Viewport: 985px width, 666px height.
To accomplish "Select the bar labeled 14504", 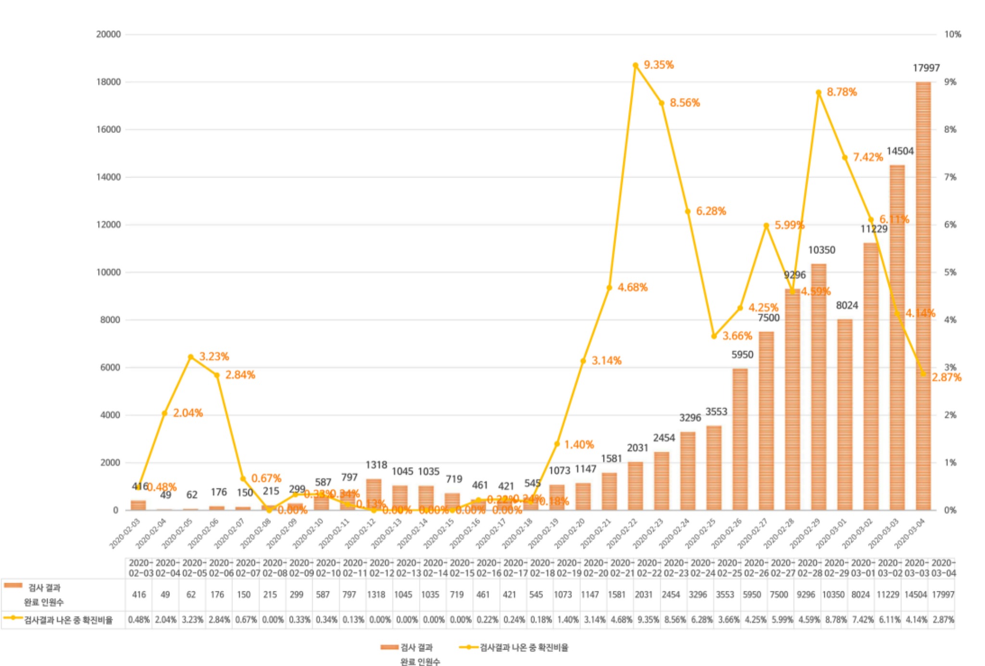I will click(x=897, y=337).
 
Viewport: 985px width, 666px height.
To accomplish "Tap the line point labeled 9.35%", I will click(x=635, y=65).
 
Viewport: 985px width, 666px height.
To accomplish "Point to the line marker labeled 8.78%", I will click(x=819, y=92).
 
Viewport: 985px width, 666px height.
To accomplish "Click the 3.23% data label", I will click(x=214, y=357).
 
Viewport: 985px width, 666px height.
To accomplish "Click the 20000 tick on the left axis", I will click(x=108, y=34).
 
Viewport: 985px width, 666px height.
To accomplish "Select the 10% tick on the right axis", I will click(x=952, y=34).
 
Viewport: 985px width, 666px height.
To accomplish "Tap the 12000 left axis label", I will click(x=108, y=225).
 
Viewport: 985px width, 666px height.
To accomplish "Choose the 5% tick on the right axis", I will click(x=950, y=272).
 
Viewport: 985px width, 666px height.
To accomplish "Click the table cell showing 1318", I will click(x=376, y=595).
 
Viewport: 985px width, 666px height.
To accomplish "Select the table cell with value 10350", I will click(x=833, y=595).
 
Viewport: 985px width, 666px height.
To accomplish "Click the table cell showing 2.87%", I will click(x=943, y=620).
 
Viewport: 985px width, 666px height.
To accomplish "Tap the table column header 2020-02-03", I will click(x=140, y=568).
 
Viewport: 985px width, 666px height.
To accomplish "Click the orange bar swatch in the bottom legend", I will click(x=389, y=647).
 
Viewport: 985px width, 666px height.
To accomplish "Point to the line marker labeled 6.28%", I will click(x=688, y=211).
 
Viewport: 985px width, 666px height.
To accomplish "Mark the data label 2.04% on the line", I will click(x=188, y=413).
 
